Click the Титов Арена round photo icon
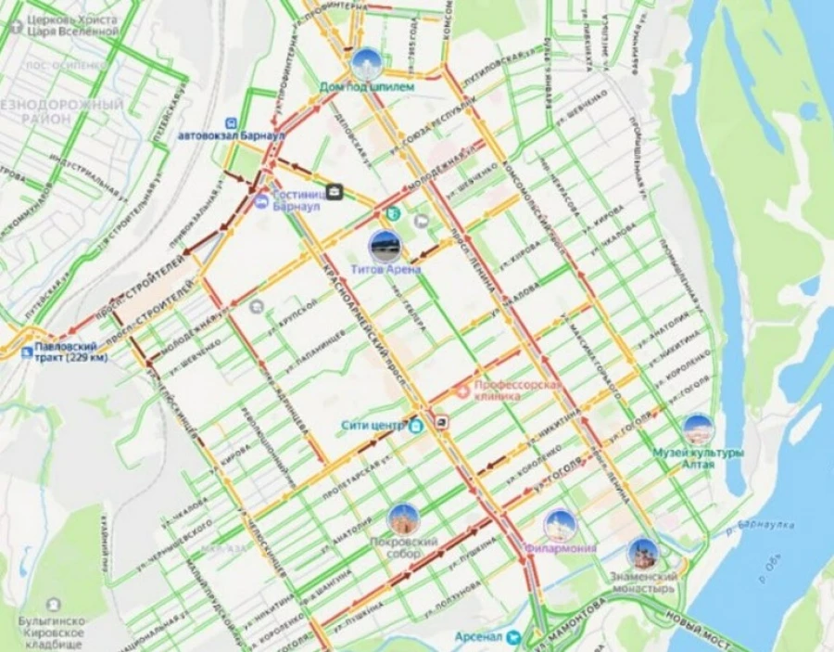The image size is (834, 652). (385, 247)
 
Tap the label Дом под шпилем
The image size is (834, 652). (368, 86)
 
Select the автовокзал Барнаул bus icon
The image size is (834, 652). (230, 121)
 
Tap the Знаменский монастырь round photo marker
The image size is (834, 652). (643, 555)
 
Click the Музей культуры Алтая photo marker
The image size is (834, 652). (698, 428)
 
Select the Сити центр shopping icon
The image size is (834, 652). (416, 426)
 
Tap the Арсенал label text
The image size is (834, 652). (478, 637)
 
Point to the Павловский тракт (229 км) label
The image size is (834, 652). (70, 352)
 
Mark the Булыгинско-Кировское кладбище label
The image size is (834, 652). (52, 632)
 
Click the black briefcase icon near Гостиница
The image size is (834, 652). (334, 193)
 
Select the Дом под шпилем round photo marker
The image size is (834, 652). (366, 64)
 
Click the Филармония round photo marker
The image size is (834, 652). (560, 525)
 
